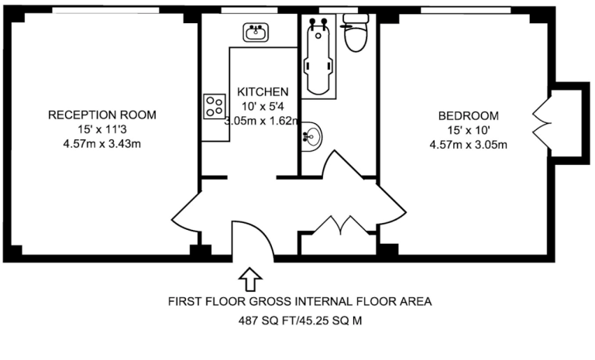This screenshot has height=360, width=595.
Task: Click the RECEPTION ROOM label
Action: click(102, 115)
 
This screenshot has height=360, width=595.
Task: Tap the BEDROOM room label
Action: click(468, 115)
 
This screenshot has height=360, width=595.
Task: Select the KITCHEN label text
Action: click(263, 91)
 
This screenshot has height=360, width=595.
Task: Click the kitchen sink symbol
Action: click(256, 33)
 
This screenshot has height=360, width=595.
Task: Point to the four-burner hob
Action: click(215, 106)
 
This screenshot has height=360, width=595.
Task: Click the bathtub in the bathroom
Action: click(318, 57)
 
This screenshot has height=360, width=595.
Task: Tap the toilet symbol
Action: click(356, 33)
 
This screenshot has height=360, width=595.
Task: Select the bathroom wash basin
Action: click(311, 136)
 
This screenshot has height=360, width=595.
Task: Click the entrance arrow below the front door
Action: click(250, 279)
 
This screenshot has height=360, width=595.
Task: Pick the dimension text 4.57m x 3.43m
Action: click(102, 144)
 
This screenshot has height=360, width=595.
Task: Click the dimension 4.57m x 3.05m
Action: click(468, 145)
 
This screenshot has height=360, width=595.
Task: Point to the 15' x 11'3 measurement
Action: click(102, 129)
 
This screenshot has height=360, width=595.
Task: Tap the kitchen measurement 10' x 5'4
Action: click(263, 106)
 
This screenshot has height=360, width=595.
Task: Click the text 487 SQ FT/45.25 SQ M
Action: click(300, 321)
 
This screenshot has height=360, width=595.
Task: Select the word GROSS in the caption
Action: click(270, 302)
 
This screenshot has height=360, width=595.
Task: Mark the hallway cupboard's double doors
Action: click(341, 225)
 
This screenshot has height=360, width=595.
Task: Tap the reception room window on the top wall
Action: click(105, 10)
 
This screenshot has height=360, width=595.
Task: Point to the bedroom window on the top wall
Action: click(466, 10)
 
